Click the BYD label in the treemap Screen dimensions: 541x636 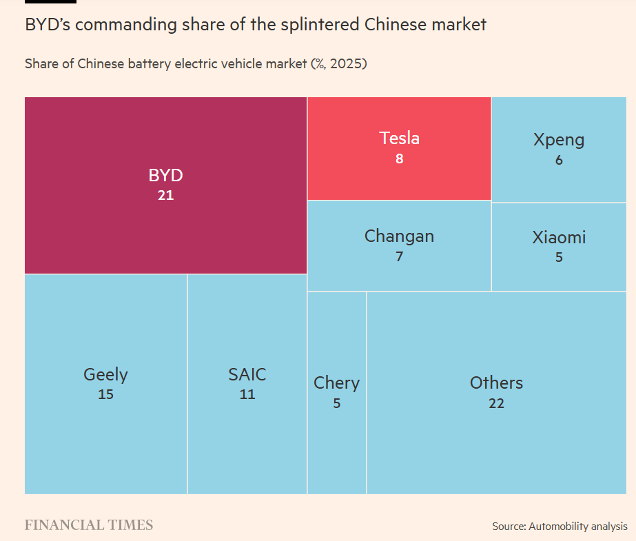(165, 175)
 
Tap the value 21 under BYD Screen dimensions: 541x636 (165, 195)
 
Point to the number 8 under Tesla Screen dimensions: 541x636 (399, 159)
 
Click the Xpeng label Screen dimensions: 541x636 (559, 140)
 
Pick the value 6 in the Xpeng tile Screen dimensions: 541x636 (559, 160)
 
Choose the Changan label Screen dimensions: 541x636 (399, 236)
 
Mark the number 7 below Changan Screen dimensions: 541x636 (399, 257)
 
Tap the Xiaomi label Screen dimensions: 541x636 (559, 238)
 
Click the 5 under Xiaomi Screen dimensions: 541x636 (559, 257)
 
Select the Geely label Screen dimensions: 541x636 (105, 374)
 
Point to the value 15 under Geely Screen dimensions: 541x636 (105, 395)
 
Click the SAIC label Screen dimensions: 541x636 (247, 374)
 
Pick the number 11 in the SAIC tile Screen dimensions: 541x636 (247, 395)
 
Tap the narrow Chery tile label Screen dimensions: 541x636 (336, 382)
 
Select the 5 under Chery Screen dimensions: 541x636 (336, 403)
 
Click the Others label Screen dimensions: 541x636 (496, 382)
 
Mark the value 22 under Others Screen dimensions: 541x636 (496, 403)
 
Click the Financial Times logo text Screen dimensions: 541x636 (89, 525)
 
